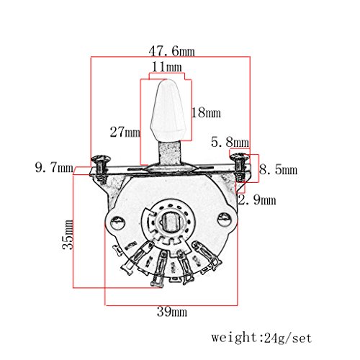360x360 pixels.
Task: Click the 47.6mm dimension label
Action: pyautogui.click(x=171, y=51)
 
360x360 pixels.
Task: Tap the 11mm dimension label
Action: pyautogui.click(x=167, y=67)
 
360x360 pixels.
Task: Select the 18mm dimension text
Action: pyautogui.click(x=206, y=112)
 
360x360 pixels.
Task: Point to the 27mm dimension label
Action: pyautogui.click(x=125, y=132)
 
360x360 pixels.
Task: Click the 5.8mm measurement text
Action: pyautogui.click(x=230, y=142)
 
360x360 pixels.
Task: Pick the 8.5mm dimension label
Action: pyautogui.click(x=278, y=170)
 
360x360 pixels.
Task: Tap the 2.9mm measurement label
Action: pyautogui.click(x=257, y=199)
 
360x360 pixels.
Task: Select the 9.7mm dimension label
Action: pyautogui.click(x=54, y=167)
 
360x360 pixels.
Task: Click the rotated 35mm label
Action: pyautogui.click(x=68, y=235)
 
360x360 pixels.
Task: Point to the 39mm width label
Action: pyautogui.click(x=172, y=312)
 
